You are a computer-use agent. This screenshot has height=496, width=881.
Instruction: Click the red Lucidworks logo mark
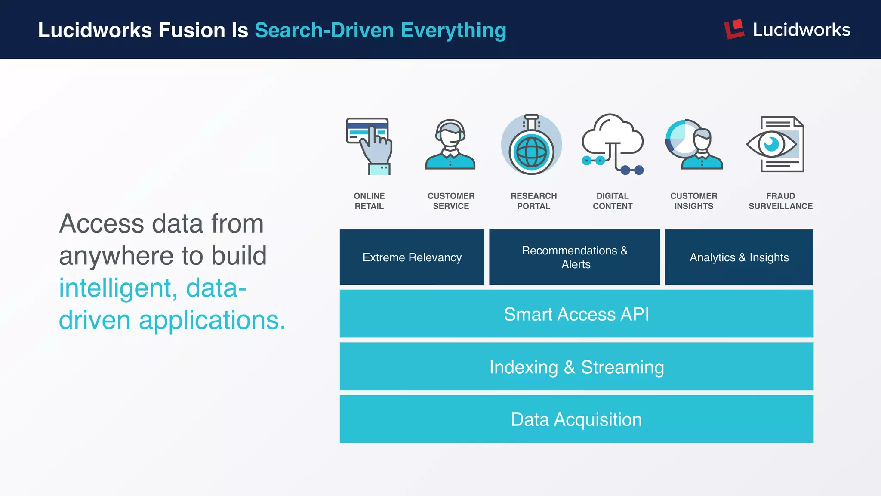734,29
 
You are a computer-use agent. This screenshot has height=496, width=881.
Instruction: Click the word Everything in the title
453,31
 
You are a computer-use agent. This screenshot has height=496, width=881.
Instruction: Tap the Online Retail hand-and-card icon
369,146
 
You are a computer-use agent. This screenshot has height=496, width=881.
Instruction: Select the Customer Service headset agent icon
450,144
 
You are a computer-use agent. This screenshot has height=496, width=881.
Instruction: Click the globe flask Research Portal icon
531,145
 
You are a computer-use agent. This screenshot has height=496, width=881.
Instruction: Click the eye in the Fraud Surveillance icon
772,144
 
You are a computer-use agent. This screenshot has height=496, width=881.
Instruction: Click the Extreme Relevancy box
412,257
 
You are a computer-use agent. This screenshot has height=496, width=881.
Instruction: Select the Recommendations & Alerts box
574,257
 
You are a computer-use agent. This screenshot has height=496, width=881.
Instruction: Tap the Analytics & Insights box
739,257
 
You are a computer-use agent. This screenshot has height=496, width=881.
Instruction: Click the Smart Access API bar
576,314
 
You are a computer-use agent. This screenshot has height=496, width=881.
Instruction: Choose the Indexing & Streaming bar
576,367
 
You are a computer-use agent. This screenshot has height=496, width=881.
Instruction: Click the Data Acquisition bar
576,419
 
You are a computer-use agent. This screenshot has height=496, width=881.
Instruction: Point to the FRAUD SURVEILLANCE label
780,201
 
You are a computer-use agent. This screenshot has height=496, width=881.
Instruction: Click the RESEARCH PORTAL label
533,201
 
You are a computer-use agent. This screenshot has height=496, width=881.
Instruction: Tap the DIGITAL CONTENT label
613,201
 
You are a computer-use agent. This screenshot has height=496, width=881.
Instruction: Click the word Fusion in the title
191,31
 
